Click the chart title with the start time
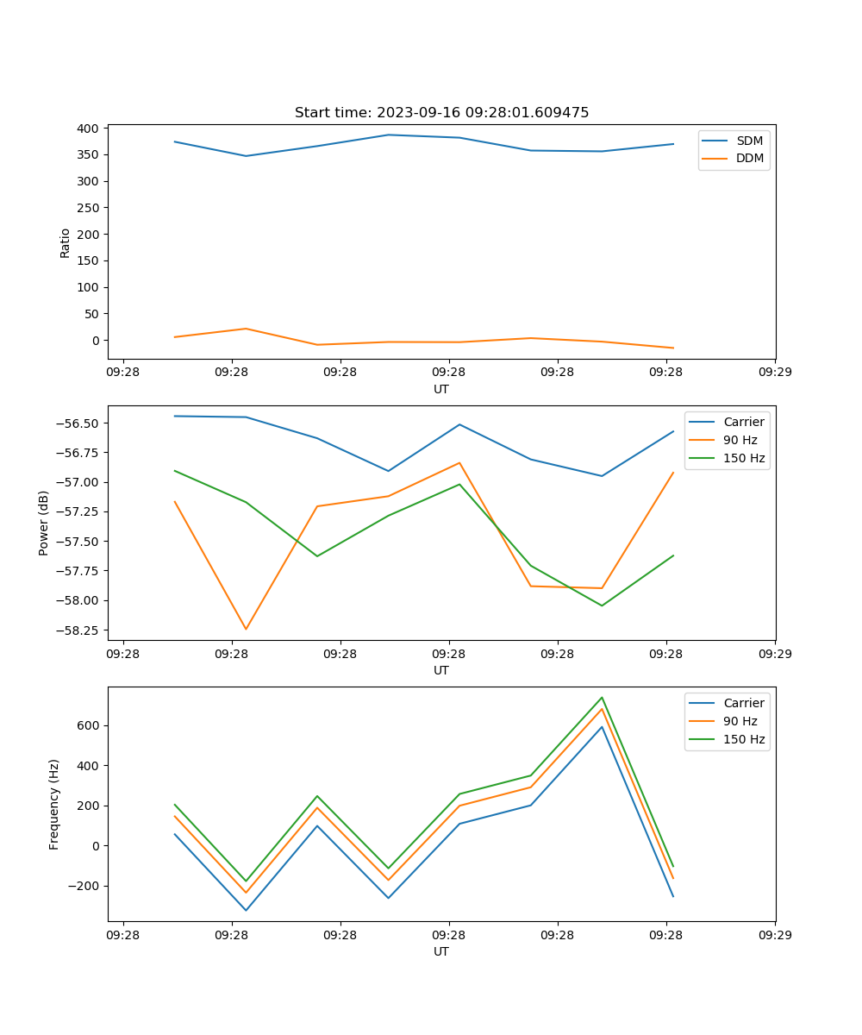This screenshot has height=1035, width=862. point(441,113)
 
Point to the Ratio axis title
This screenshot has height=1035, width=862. point(66,242)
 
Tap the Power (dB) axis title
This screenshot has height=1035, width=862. point(43,523)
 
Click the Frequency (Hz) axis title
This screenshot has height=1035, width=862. point(54,804)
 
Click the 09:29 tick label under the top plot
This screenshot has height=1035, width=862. point(775,372)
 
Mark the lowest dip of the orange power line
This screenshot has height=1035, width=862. point(246,629)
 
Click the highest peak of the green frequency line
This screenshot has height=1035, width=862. point(602,697)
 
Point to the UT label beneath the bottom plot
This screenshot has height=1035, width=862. point(441,951)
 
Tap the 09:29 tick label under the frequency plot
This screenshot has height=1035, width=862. point(775,934)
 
